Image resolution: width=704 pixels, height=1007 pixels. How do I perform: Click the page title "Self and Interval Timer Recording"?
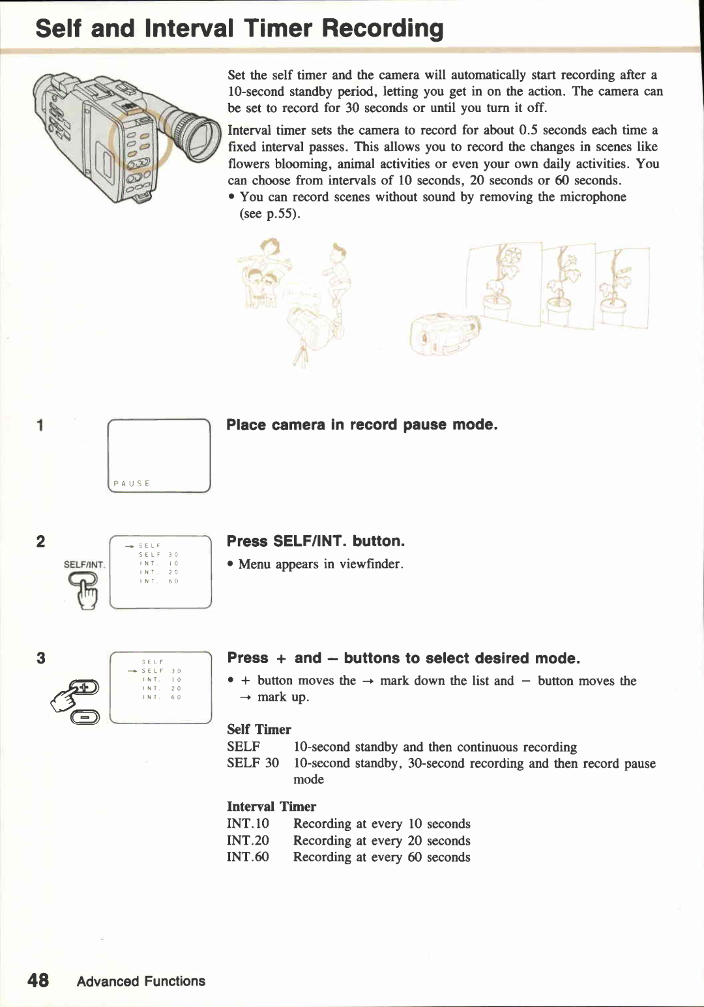point(239,29)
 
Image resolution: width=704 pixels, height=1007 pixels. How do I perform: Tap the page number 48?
point(38,980)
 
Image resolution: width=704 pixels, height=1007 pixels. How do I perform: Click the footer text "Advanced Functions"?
point(141,981)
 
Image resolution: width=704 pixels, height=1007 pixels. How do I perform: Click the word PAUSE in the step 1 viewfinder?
point(132,484)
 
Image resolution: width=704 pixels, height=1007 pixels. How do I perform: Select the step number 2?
point(40,542)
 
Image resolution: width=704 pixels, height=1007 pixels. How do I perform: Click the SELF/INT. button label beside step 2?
point(84,564)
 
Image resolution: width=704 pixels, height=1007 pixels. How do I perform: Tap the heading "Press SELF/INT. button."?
point(315,541)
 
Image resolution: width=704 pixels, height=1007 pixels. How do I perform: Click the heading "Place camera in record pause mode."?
point(362,425)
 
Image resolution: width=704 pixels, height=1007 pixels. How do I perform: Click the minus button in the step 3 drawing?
point(85,717)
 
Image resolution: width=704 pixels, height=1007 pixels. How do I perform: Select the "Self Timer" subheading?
point(259,729)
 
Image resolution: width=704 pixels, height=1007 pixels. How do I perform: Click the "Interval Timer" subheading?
point(271,806)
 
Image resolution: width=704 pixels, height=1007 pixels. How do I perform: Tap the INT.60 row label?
point(248,857)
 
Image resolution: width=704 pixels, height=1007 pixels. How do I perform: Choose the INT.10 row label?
point(248,824)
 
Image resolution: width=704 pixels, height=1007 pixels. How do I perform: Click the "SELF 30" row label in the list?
point(253,763)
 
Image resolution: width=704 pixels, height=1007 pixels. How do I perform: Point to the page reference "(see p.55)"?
point(270,214)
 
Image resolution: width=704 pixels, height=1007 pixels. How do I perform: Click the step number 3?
point(40,658)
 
